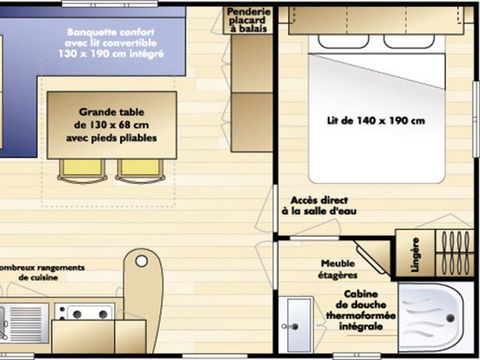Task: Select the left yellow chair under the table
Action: (x=82, y=170)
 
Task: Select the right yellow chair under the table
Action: (x=139, y=170)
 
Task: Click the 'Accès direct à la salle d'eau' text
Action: (x=319, y=206)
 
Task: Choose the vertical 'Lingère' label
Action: (x=414, y=254)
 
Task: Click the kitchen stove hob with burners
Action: (x=86, y=313)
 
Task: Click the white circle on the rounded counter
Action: (x=142, y=262)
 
